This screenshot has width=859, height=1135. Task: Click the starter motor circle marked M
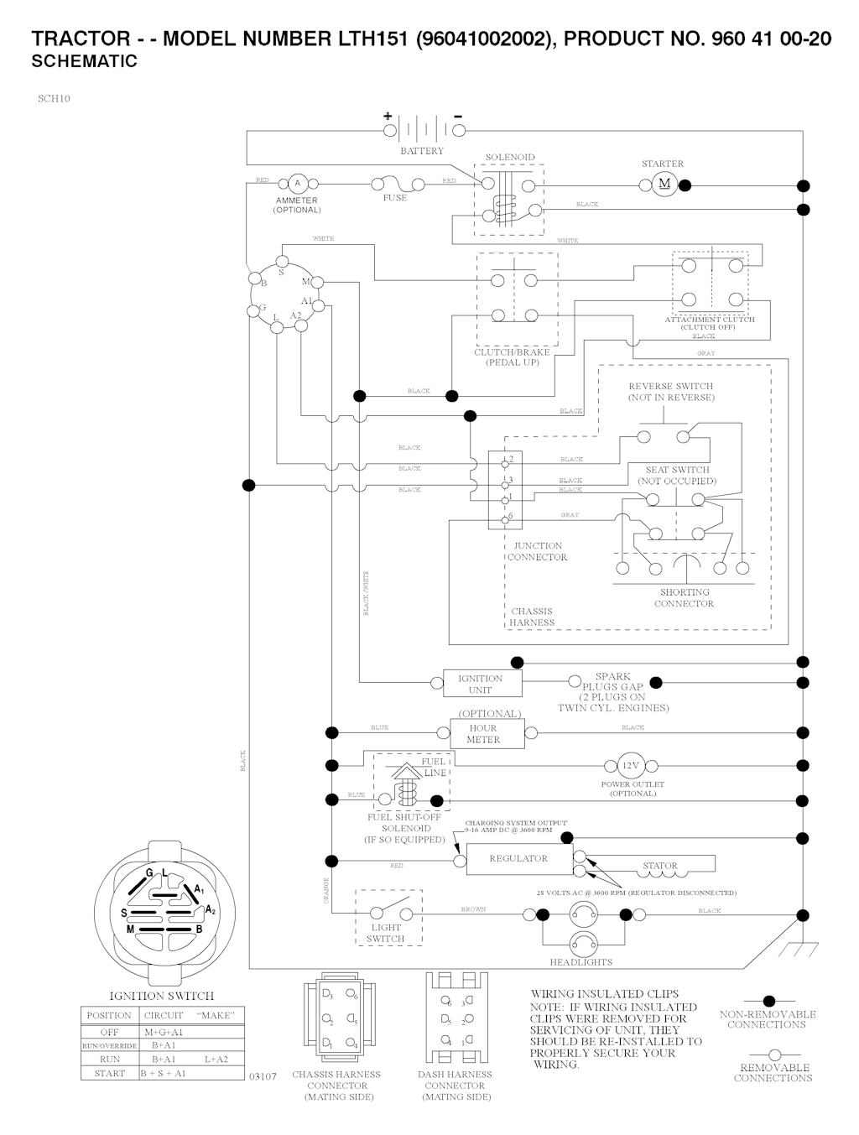(664, 185)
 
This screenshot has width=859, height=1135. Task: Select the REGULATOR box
(518, 859)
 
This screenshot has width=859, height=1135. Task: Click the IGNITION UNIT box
(481, 684)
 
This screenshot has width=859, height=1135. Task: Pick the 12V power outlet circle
(630, 766)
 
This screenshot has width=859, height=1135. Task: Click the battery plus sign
(388, 116)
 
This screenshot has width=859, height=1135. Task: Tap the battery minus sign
(458, 116)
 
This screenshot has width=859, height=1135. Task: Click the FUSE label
(394, 198)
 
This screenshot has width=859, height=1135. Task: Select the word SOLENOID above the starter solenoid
(509, 158)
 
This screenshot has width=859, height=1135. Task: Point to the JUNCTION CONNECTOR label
(537, 551)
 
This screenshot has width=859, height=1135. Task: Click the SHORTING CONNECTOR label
(684, 598)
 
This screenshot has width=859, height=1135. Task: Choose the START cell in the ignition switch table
(109, 1073)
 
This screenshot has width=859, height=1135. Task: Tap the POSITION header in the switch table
(109, 1016)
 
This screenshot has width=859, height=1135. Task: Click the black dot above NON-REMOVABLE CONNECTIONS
(768, 1001)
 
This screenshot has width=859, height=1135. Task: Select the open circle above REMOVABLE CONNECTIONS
(774, 1054)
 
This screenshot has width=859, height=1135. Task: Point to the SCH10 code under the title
(54, 99)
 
